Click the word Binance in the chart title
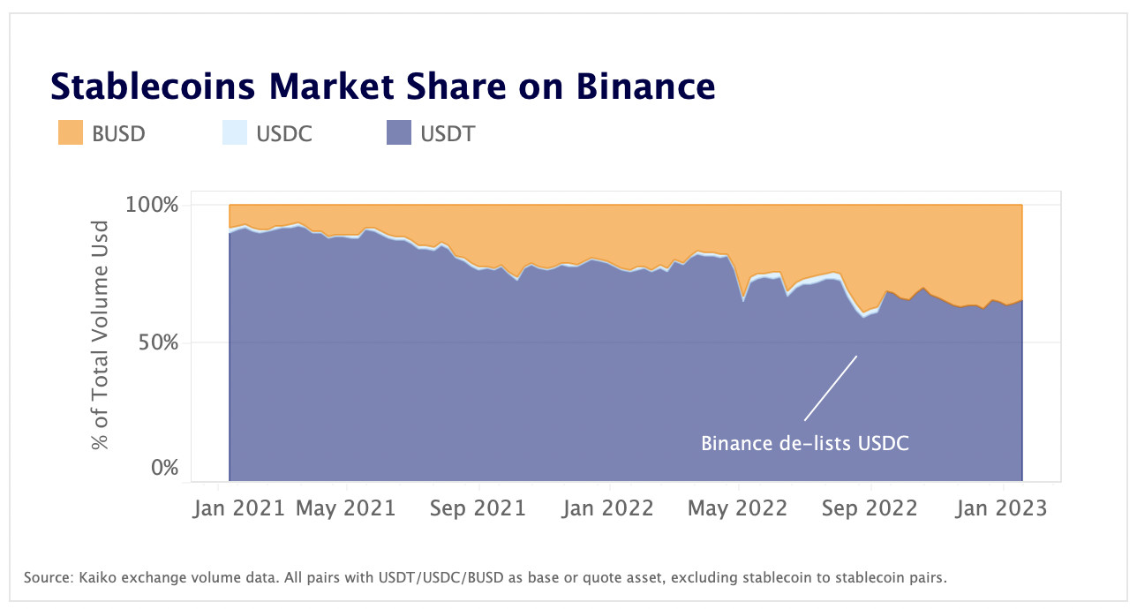coord(645,86)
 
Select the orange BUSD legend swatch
coord(71,133)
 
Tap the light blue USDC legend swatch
coord(234,133)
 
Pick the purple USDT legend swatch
coord(399,133)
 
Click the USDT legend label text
coord(448,134)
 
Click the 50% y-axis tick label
coord(159,342)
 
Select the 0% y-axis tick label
coord(164,468)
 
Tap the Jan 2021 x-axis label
coord(238,508)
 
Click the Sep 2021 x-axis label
coord(478,508)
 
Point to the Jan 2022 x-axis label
coord(609,508)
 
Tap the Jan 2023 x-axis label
coord(1002,508)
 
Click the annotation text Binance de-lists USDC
coord(805,443)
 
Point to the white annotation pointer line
coord(830,387)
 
